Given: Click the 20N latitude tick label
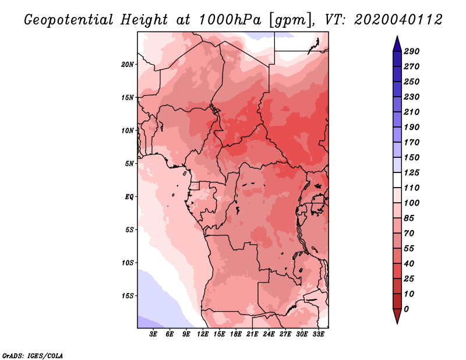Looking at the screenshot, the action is pos(128,65).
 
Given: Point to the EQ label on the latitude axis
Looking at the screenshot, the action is pos(129,197).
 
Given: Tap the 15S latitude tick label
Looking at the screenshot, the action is pos(128,296).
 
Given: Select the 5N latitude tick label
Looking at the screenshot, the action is pos(129,164).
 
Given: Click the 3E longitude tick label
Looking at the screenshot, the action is pos(153,334).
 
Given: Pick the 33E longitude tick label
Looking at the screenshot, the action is pos(318,334).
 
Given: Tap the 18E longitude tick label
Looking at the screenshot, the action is pos(236,334).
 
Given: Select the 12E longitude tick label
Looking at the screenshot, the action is pos(203,334).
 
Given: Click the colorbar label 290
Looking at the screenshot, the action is pos(412,51).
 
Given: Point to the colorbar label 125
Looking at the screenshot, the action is pos(412,172).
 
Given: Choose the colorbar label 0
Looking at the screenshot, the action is pos(406,309).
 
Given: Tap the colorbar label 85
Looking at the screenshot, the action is pos(409,218).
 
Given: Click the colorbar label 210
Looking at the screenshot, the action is pos(412,112).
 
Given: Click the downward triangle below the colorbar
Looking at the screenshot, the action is pos(397,316).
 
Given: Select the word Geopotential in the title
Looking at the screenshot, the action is pos(69,20).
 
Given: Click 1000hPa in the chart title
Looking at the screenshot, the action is pos(230,20).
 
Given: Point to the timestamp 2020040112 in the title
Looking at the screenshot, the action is pos(398,20).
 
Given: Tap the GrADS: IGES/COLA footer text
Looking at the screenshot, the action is pos(33,355).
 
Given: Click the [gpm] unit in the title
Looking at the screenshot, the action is pos(291,20).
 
